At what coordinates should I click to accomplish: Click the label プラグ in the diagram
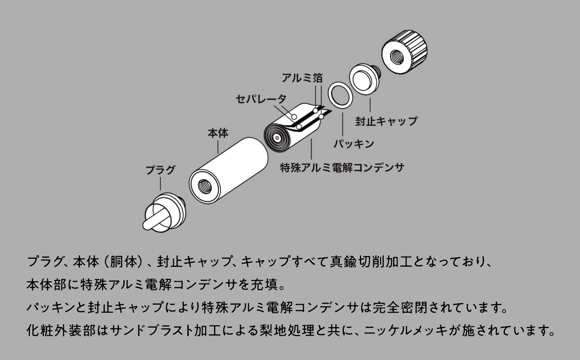pos(160,170)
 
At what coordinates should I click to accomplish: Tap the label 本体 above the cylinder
pos(217,133)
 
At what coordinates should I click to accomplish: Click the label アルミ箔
pos(302,78)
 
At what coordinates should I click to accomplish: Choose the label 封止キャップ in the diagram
pos(386,121)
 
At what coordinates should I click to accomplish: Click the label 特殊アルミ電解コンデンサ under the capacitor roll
pos(342,168)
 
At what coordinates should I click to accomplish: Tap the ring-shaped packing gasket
pos(339,95)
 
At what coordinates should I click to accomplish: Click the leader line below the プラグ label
pos(160,184)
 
